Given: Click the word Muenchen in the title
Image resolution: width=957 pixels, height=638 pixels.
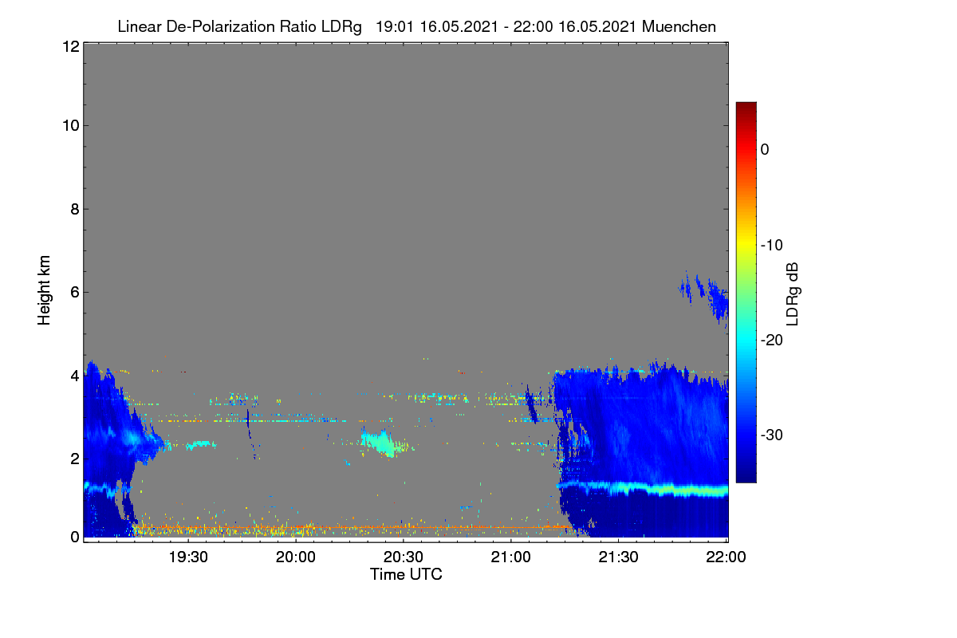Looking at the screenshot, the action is pyautogui.click(x=679, y=26).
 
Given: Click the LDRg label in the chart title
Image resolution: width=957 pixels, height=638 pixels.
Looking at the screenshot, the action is pyautogui.click(x=341, y=27).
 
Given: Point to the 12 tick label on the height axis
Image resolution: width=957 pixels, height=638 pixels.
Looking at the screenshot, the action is pyautogui.click(x=71, y=46).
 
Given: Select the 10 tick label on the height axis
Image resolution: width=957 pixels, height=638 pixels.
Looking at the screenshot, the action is pyautogui.click(x=71, y=126).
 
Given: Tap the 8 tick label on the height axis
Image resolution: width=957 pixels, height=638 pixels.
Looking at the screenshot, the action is pyautogui.click(x=75, y=209).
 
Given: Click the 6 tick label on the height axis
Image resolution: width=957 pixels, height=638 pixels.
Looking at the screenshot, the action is pyautogui.click(x=75, y=293).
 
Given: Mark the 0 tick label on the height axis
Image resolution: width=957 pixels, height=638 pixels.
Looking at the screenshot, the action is pyautogui.click(x=75, y=537).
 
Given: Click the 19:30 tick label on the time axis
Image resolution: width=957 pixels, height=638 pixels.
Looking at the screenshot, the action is pyautogui.click(x=188, y=557).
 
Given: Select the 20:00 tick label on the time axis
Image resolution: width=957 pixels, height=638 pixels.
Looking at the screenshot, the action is pyautogui.click(x=296, y=557).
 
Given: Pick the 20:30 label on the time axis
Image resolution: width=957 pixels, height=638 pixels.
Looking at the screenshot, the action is pyautogui.click(x=404, y=557).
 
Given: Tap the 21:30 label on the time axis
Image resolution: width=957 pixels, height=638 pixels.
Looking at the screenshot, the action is pyautogui.click(x=618, y=557).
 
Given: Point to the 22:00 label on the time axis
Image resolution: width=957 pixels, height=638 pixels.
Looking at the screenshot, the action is pyautogui.click(x=726, y=557).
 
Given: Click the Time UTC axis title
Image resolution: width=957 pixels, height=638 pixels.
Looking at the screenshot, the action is pyautogui.click(x=406, y=574).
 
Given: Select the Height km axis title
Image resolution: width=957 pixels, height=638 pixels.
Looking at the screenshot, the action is pyautogui.click(x=44, y=290).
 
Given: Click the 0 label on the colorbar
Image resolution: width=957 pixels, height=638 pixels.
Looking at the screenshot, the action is pyautogui.click(x=765, y=150).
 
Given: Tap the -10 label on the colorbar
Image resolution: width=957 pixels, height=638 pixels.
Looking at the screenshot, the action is pyautogui.click(x=772, y=246).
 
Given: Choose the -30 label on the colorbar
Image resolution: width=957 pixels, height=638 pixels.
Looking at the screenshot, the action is pyautogui.click(x=772, y=435).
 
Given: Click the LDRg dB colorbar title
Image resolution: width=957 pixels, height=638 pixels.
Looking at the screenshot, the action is pyautogui.click(x=793, y=294).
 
